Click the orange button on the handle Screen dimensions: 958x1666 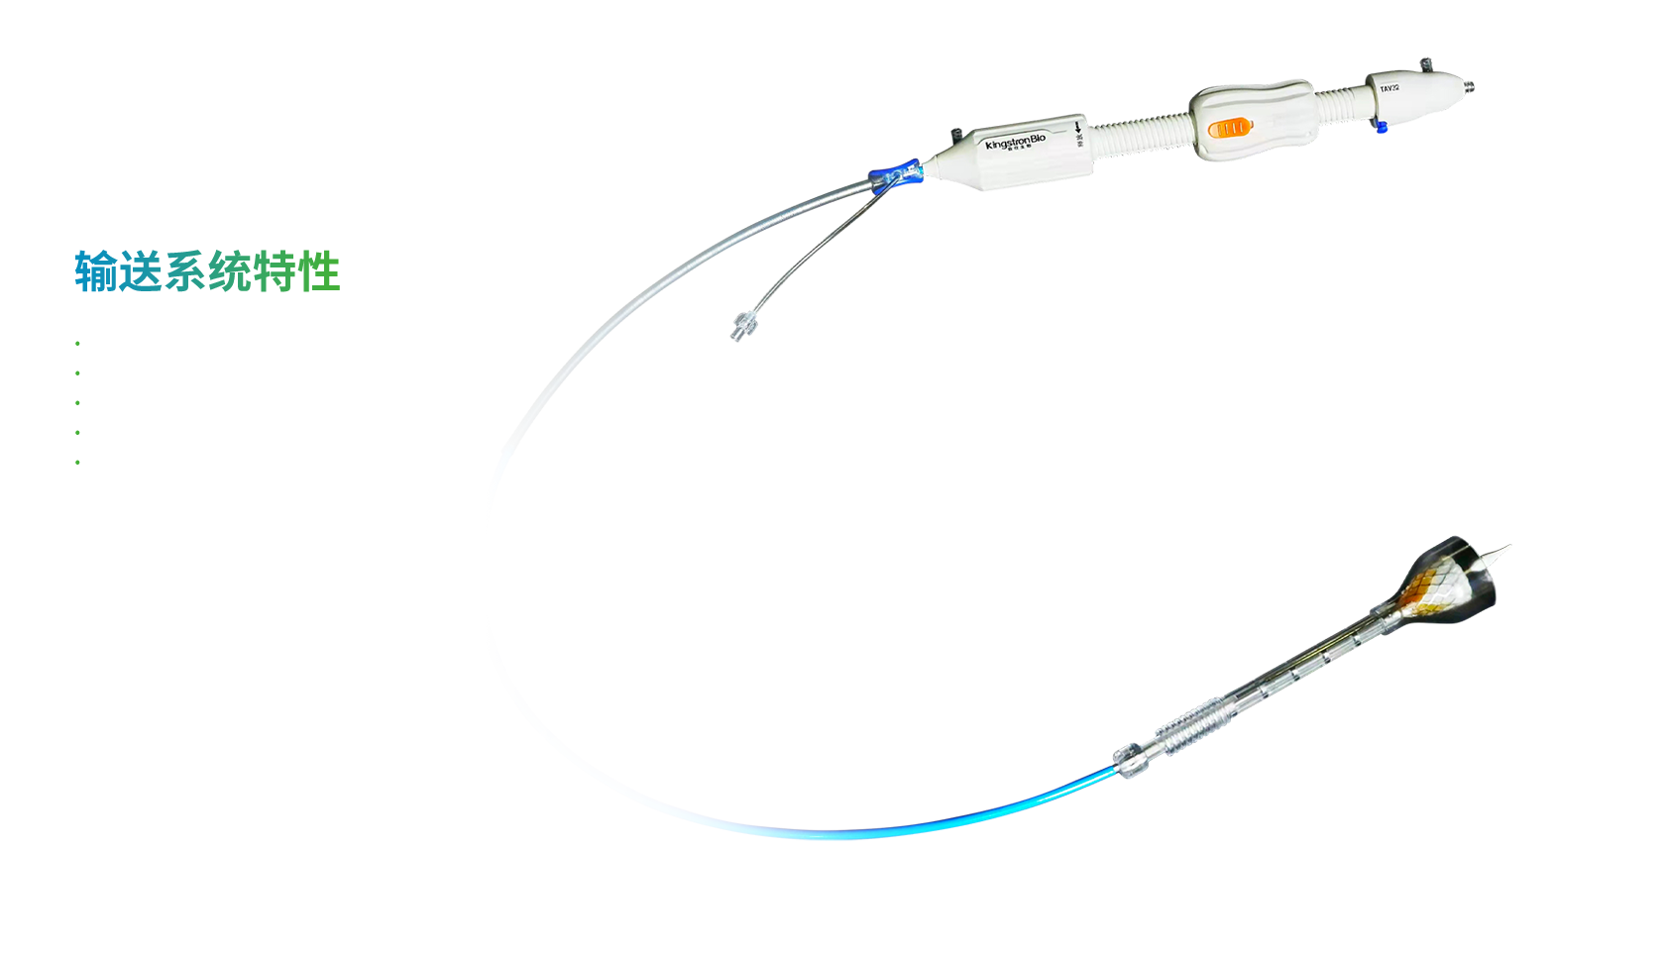click(x=1229, y=128)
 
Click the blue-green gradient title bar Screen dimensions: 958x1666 click(x=208, y=271)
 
